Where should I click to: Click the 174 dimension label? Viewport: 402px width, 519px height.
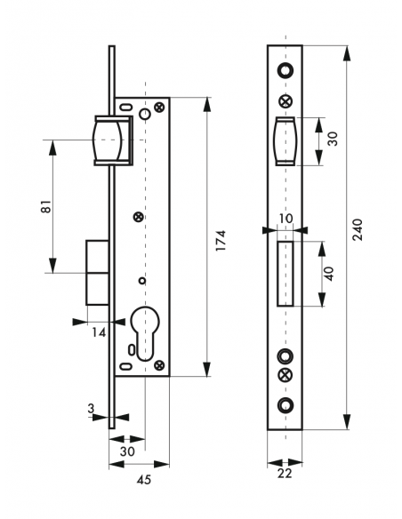pyautogui.click(x=221, y=240)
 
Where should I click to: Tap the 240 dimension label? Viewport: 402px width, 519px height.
pyautogui.click(x=358, y=229)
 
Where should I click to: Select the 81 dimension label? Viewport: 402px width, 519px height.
pyautogui.click(x=47, y=206)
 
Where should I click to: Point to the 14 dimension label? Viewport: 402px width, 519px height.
pyautogui.click(x=99, y=332)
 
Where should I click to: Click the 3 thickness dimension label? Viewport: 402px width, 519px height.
pyautogui.click(x=91, y=409)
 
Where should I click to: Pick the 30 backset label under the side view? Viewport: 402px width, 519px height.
pyautogui.click(x=127, y=451)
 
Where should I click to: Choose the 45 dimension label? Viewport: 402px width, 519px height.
pyautogui.click(x=144, y=480)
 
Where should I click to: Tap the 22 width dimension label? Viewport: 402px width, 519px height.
pyautogui.click(x=285, y=474)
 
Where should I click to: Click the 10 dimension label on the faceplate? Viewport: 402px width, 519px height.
pyautogui.click(x=285, y=219)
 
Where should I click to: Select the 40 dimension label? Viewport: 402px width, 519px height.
pyautogui.click(x=329, y=274)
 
